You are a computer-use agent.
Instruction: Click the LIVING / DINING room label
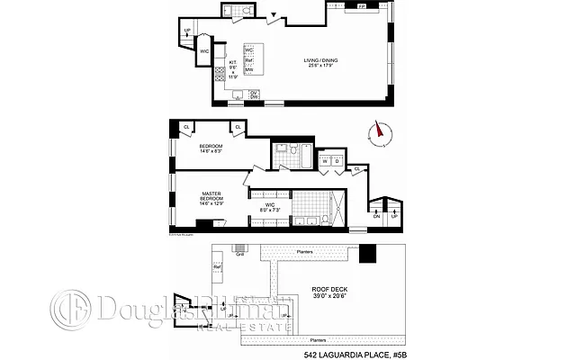click(321, 64)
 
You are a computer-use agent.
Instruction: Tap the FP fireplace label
click(362, 7)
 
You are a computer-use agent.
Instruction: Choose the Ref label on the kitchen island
click(248, 60)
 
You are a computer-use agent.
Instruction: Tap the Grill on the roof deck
click(239, 253)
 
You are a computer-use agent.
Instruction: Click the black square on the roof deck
click(367, 256)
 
